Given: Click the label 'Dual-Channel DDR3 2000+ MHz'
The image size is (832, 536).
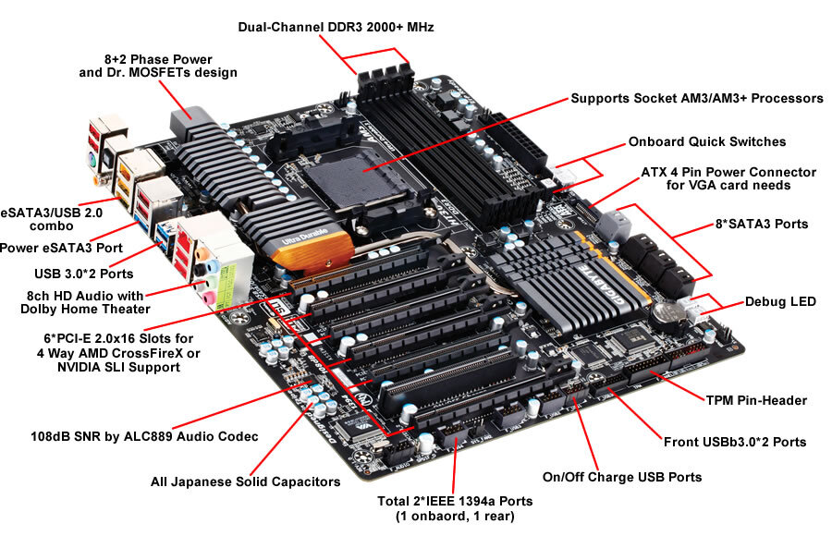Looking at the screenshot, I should (336, 29).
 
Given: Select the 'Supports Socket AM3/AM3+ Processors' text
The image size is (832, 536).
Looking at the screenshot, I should (696, 98).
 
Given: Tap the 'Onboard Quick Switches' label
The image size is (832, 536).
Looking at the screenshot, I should (707, 142).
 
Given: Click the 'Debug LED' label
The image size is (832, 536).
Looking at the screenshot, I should (784, 302).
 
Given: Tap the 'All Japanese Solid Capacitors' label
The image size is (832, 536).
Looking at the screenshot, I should (245, 481).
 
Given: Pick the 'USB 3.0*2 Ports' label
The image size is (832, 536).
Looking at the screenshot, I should (84, 274).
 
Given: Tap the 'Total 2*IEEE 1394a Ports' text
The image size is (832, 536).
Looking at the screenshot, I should (455, 501).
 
